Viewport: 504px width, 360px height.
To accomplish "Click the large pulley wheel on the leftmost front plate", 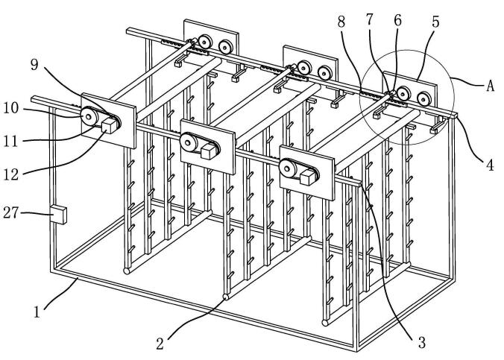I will click(x=92, y=116).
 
